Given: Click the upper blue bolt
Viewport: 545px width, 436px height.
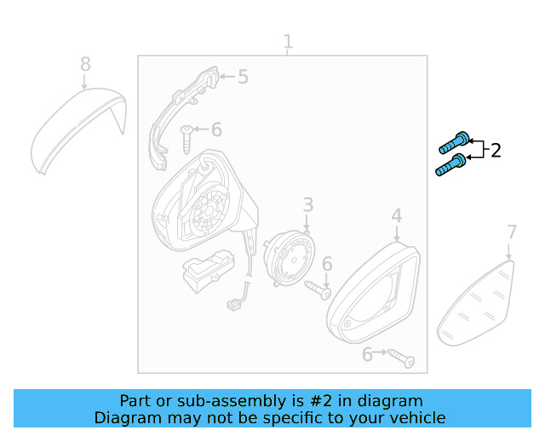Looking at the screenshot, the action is click(x=454, y=142).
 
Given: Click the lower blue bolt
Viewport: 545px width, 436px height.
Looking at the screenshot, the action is click(x=450, y=164).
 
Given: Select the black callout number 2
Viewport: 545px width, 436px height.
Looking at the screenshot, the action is click(x=496, y=151).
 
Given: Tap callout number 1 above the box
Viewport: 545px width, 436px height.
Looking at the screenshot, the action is click(x=288, y=42).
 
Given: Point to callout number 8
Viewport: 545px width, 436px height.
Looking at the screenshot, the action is click(x=85, y=64).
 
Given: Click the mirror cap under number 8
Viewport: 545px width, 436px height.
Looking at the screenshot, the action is click(x=79, y=131).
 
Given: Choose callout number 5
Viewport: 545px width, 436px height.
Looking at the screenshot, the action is click(x=244, y=77).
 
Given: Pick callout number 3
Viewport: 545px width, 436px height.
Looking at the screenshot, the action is click(x=308, y=204).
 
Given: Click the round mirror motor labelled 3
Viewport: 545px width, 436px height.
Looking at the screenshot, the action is click(x=290, y=258).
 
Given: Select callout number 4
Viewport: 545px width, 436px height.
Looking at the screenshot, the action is click(x=397, y=215).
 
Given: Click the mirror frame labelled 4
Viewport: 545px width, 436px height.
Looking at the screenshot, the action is click(x=373, y=293).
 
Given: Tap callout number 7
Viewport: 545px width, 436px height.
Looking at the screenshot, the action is click(x=512, y=232).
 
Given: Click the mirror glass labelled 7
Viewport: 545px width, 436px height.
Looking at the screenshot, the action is click(x=475, y=303).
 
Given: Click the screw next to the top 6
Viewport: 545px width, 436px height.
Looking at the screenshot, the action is click(x=186, y=140).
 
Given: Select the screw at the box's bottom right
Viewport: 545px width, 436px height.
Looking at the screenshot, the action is click(x=401, y=359).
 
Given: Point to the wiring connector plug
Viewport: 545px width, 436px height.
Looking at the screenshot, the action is click(x=232, y=305).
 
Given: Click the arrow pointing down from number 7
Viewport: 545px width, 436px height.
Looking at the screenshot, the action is click(x=508, y=251).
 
